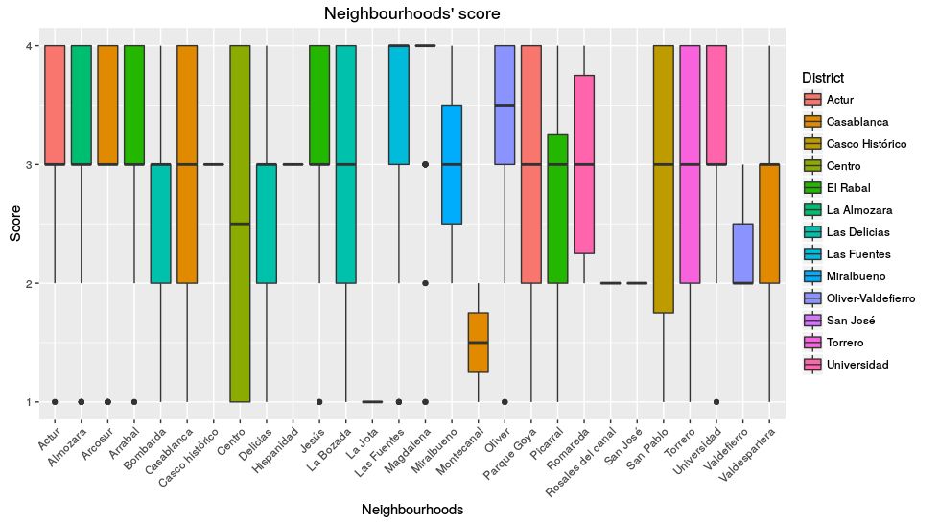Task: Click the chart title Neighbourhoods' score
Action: pyautogui.click(x=411, y=14)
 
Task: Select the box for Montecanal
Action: pyautogui.click(x=479, y=343)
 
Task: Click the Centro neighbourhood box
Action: pyautogui.click(x=241, y=224)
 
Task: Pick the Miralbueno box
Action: pyautogui.click(x=452, y=164)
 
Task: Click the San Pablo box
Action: pyautogui.click(x=663, y=179)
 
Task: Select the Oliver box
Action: pyautogui.click(x=505, y=105)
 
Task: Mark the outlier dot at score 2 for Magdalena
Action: pyautogui.click(x=426, y=283)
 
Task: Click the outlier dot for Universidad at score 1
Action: pyautogui.click(x=716, y=402)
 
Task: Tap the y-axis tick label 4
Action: pyautogui.click(x=31, y=46)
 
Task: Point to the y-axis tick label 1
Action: pyautogui.click(x=31, y=402)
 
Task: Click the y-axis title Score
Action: pyautogui.click(x=14, y=224)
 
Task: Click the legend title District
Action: pyautogui.click(x=823, y=77)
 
